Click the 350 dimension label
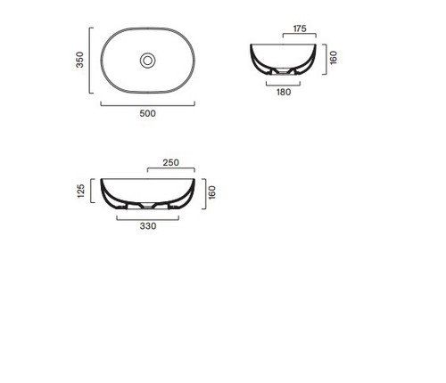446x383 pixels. click(79, 60)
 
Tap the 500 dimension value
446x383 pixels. click(147, 113)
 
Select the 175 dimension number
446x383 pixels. click(300, 29)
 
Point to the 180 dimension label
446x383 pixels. click(284, 92)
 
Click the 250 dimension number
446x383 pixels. click(170, 162)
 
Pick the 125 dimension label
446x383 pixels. click(80, 191)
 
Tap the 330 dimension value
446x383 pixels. click(148, 226)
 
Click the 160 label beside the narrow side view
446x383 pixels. click(334, 58)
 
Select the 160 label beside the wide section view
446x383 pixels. click(211, 192)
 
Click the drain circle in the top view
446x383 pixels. click(148, 61)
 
